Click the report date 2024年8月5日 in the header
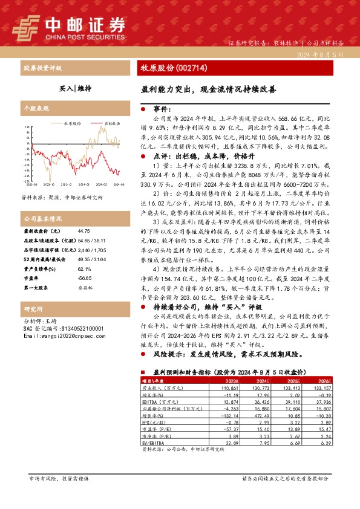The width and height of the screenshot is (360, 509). [320, 54]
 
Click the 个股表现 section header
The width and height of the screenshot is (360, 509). [34, 108]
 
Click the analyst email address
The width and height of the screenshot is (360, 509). [63, 336]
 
